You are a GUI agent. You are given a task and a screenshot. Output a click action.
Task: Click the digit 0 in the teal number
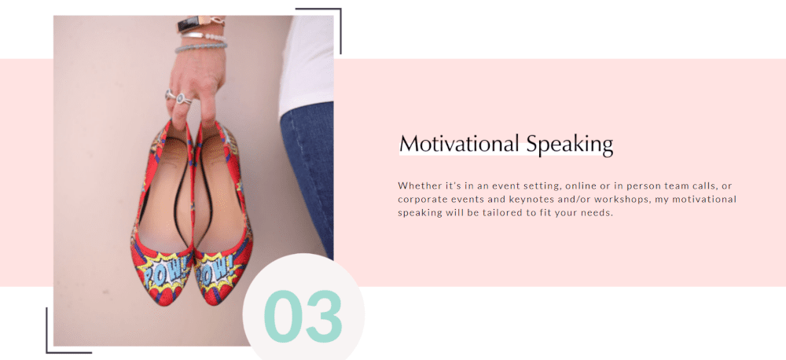[282, 317]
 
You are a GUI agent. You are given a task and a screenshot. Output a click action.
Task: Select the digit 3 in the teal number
[325, 317]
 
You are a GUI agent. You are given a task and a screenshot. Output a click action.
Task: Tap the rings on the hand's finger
[178, 97]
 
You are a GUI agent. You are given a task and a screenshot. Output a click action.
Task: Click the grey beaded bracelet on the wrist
[200, 48]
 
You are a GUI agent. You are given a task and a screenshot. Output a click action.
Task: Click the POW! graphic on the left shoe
[164, 271]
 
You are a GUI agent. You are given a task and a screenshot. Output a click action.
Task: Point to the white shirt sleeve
[307, 63]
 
